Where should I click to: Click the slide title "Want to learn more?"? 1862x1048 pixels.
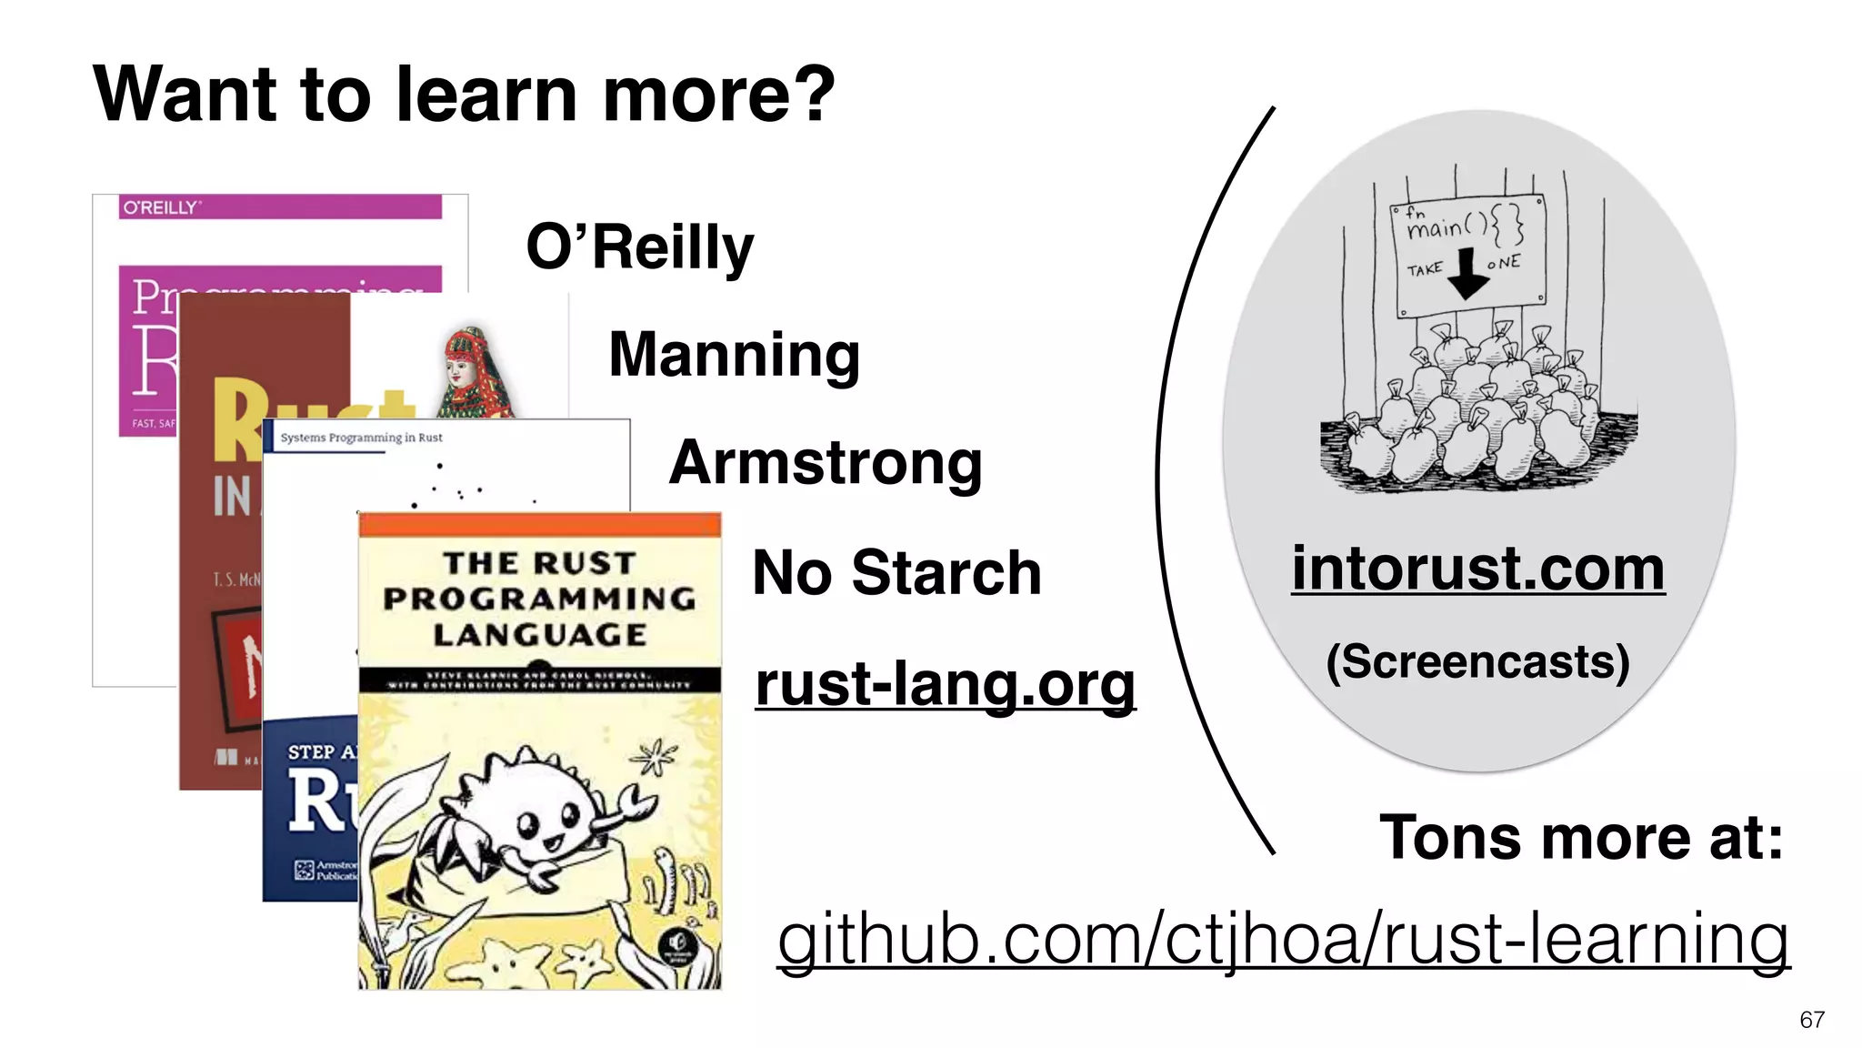pos(464,95)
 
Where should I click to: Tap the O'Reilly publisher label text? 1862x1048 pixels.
pos(640,247)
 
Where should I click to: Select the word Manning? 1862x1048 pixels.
pos(734,355)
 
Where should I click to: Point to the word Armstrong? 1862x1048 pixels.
pos(826,463)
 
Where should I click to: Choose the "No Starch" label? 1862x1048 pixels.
pos(896,573)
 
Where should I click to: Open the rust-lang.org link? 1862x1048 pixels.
pos(945,684)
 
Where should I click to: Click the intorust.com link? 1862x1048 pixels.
pos(1477,569)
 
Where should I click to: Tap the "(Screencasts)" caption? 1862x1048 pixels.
pos(1477,661)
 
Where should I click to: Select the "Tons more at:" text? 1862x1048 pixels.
pos(1581,837)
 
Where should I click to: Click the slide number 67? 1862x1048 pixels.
pos(1811,1020)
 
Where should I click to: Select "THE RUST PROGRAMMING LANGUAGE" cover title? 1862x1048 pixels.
pos(539,599)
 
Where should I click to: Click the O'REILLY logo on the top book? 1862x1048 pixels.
pos(160,208)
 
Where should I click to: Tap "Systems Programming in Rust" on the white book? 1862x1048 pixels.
pos(361,438)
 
